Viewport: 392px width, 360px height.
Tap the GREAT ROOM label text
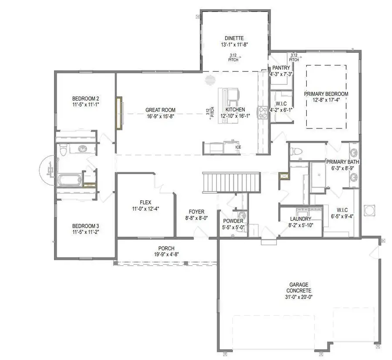click(x=160, y=110)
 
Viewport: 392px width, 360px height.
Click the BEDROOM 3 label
click(x=86, y=226)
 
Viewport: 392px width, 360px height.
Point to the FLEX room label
click(x=145, y=202)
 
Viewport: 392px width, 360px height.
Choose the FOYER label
click(x=196, y=212)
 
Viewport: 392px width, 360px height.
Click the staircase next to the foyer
click(x=231, y=181)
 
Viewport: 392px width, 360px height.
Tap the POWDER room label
click(x=233, y=221)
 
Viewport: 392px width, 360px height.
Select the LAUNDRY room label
click(x=301, y=219)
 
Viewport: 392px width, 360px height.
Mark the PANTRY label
click(x=281, y=68)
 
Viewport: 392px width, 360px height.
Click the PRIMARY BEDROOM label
click(x=326, y=94)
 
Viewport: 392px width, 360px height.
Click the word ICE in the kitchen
click(x=238, y=147)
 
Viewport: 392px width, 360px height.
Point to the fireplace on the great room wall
click(x=118, y=113)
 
